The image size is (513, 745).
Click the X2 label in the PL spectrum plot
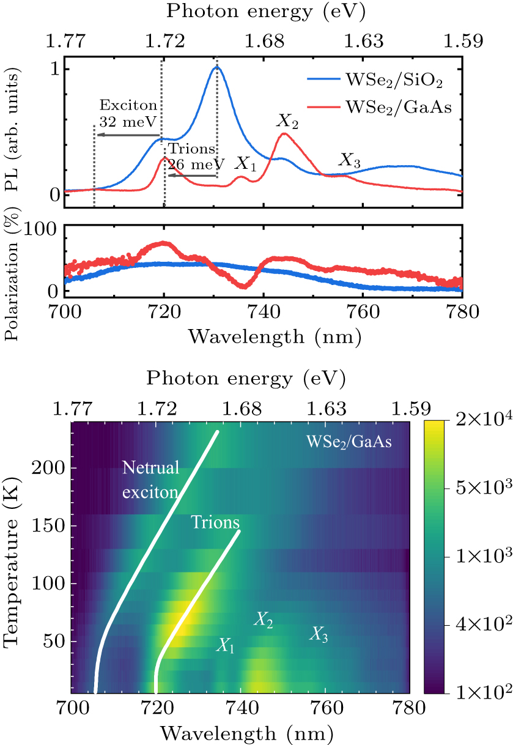[x=287, y=122]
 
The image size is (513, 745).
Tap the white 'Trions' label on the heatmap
[x=215, y=522]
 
